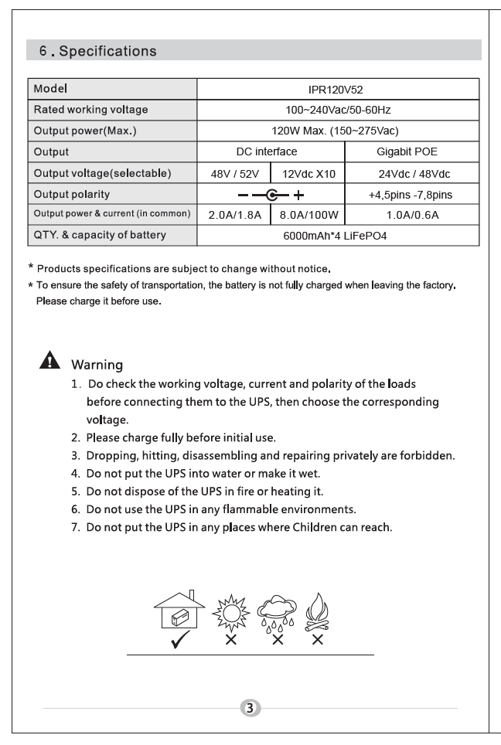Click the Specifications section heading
pyautogui.click(x=98, y=52)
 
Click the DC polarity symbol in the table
pyautogui.click(x=270, y=195)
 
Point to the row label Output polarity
pyautogui.click(x=71, y=194)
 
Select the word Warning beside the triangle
pyautogui.click(x=97, y=364)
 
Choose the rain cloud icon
pyautogui.click(x=276, y=614)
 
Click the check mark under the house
pyautogui.click(x=181, y=641)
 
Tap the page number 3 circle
pyautogui.click(x=250, y=708)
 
